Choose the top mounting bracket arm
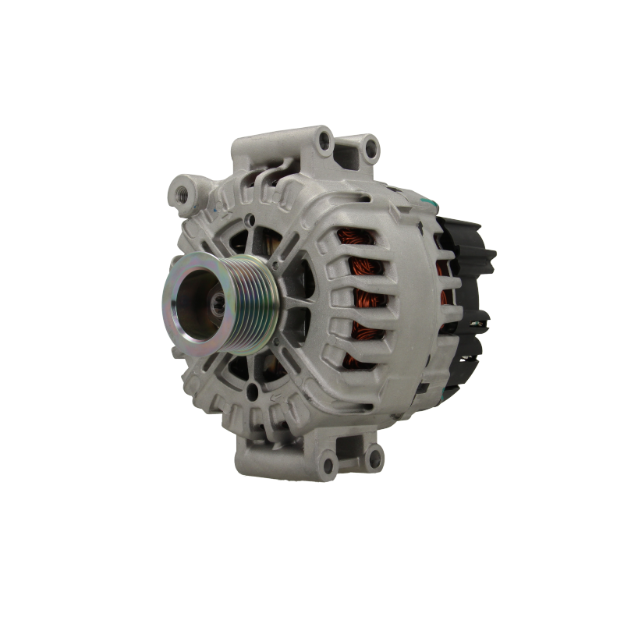[x=343, y=152]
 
